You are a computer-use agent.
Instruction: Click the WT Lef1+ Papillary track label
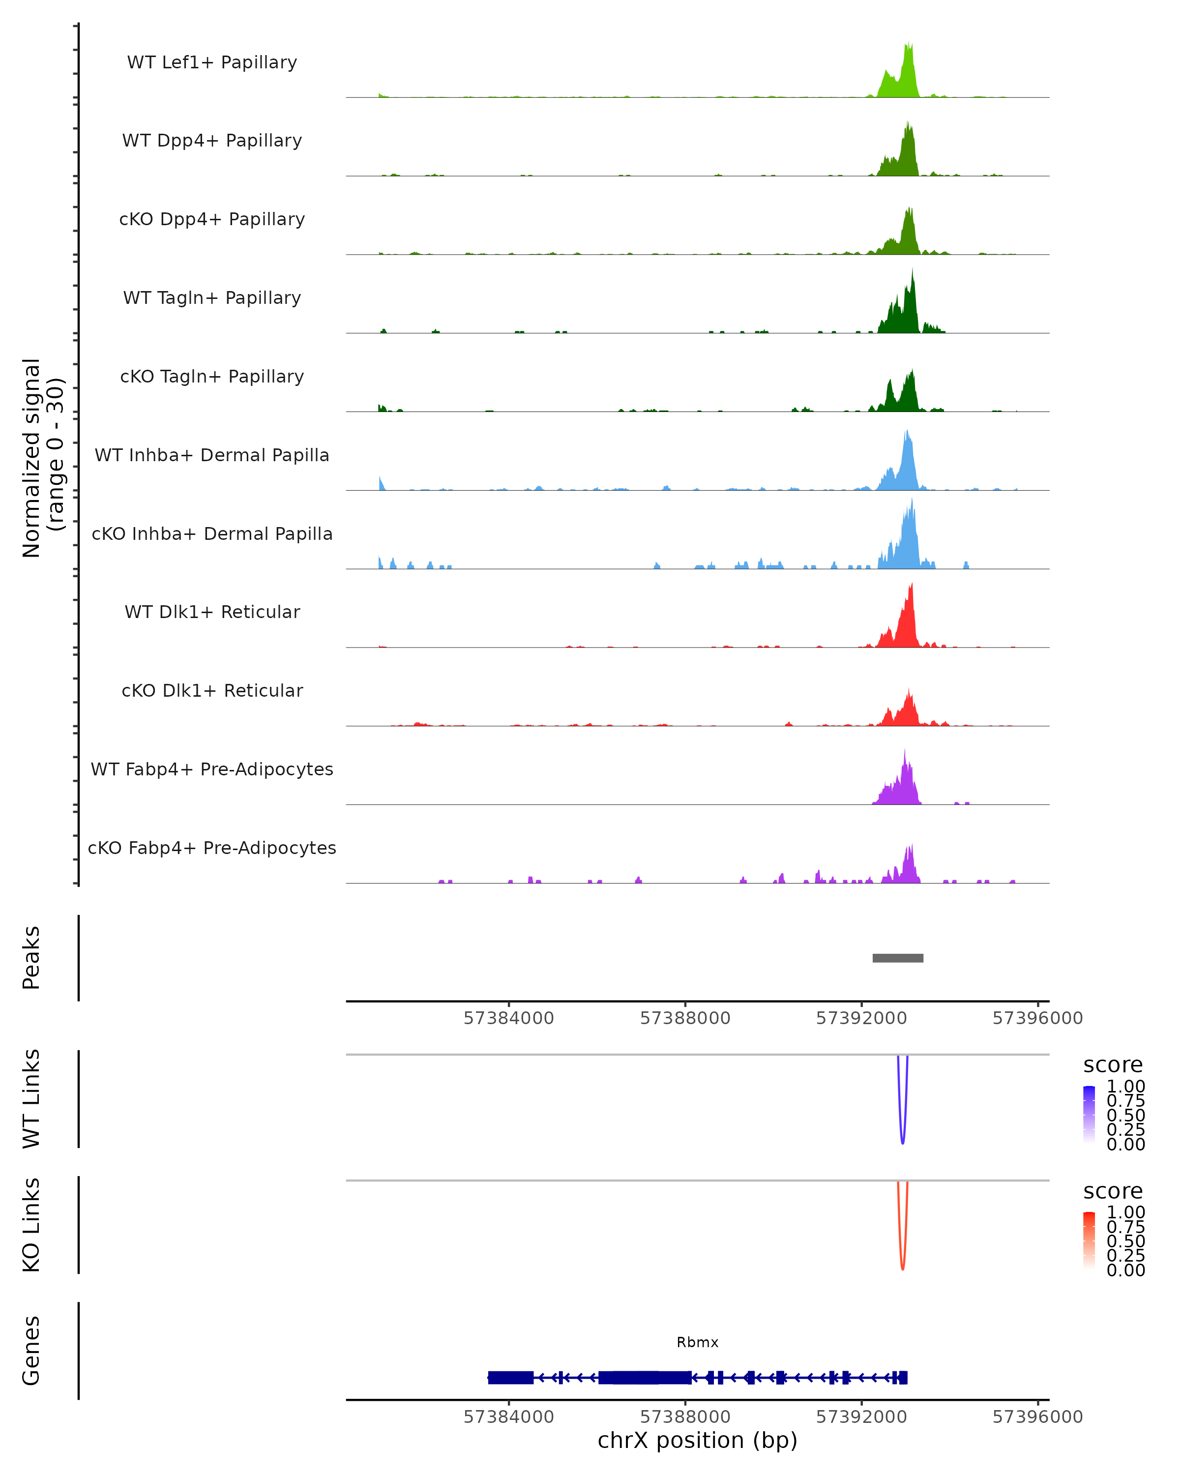[212, 62]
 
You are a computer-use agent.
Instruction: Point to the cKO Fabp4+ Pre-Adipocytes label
[212, 848]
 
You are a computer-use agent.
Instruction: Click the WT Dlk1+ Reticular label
[212, 612]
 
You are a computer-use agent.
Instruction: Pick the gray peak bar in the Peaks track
[897, 958]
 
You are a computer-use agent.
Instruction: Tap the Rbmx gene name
[697, 1342]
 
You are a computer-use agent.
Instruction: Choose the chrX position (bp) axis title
[697, 1440]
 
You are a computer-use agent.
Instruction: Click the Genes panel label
[31, 1351]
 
